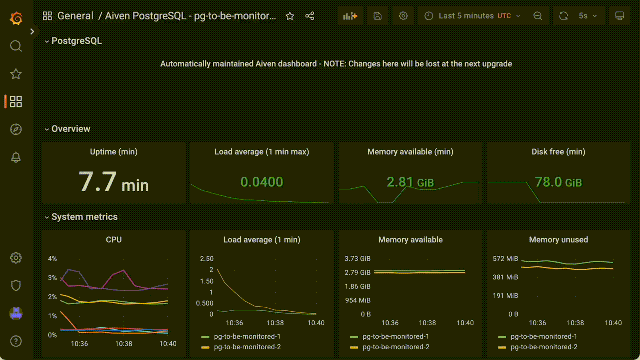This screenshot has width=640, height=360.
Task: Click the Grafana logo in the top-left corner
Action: [x=16, y=19]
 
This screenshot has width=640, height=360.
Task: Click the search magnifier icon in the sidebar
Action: [x=16, y=46]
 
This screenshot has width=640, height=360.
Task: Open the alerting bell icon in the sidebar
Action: [x=16, y=157]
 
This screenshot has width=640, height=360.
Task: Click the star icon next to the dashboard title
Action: [x=290, y=16]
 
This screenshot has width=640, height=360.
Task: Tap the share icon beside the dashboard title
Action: [x=310, y=16]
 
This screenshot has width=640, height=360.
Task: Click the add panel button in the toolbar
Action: [x=350, y=16]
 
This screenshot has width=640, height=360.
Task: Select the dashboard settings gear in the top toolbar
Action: [x=403, y=16]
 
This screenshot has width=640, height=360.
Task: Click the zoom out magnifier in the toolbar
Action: [x=538, y=16]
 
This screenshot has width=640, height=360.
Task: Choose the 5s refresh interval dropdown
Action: [x=588, y=16]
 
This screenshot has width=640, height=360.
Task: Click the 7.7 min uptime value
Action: [x=114, y=182]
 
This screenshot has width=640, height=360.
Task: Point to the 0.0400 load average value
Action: [x=262, y=182]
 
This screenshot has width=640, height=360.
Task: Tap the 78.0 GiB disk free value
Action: [x=558, y=182]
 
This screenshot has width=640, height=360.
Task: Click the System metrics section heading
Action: [x=84, y=217]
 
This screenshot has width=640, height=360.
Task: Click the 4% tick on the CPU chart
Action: [x=52, y=259]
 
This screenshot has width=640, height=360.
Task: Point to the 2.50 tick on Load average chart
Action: [x=206, y=259]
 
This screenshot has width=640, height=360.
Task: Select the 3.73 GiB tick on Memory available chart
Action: [x=358, y=259]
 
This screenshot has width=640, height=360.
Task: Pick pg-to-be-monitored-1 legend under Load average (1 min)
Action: [x=247, y=337]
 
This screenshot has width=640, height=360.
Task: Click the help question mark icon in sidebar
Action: [x=16, y=341]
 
